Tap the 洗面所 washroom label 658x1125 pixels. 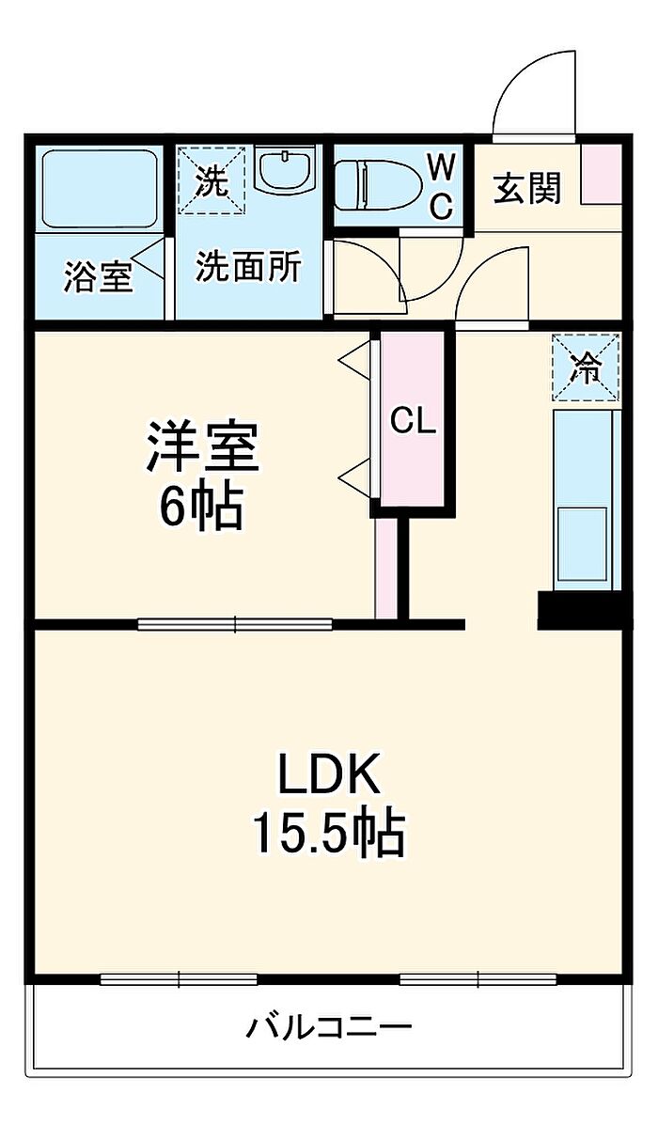click(x=248, y=268)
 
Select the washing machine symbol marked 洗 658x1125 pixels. click(x=212, y=180)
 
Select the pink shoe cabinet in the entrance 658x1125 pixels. click(x=599, y=175)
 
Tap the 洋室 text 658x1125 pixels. click(x=200, y=447)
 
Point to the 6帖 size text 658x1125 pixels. click(x=200, y=508)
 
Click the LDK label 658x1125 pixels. click(x=327, y=776)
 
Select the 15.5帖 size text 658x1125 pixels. click(x=327, y=832)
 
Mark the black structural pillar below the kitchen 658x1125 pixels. click(x=579, y=611)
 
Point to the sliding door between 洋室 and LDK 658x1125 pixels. click(x=235, y=622)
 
